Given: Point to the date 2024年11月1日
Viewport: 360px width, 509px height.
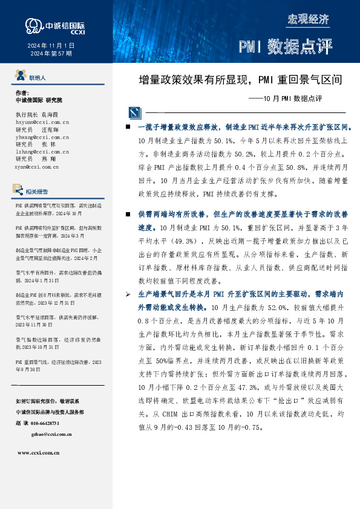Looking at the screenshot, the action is [x=51, y=45].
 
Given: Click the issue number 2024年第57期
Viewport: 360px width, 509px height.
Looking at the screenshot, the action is [x=51, y=54].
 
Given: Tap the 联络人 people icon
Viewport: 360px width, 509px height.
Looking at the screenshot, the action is [x=21, y=77].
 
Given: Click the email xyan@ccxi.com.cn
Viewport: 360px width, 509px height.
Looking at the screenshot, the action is [x=37, y=166].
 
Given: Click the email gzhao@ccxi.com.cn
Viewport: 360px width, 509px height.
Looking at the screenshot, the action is [x=53, y=433].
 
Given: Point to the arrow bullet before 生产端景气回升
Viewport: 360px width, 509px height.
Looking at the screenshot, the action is [x=127, y=293].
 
